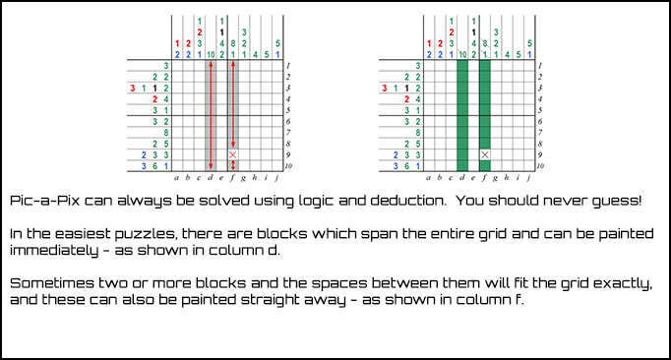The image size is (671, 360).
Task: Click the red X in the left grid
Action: [233, 155]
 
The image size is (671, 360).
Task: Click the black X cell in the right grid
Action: [485, 155]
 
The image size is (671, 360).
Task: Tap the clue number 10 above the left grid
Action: [211, 55]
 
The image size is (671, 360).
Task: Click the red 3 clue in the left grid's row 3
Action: [133, 89]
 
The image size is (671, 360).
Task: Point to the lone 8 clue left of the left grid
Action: [166, 133]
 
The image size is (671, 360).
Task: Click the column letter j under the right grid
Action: [529, 178]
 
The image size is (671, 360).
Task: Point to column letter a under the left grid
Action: [177, 178]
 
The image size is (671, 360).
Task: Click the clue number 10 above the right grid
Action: [462, 55]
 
